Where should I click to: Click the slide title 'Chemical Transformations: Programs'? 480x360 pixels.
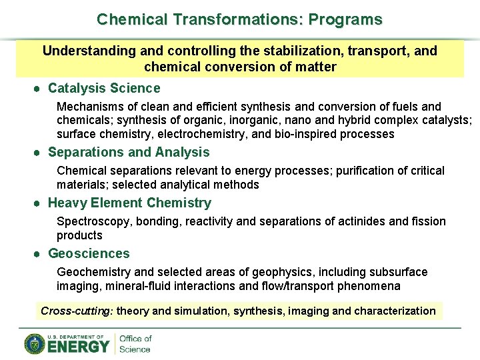[239, 19]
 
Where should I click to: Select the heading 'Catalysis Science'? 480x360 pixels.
[104, 88]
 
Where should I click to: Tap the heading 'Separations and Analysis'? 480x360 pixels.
[129, 152]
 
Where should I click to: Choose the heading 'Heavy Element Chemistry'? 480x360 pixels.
[129, 203]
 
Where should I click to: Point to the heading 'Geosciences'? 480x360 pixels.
[89, 253]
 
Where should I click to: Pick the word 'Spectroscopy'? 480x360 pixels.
[89, 221]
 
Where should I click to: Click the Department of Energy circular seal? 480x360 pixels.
[35, 343]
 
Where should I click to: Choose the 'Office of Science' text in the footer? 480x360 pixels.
[135, 344]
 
